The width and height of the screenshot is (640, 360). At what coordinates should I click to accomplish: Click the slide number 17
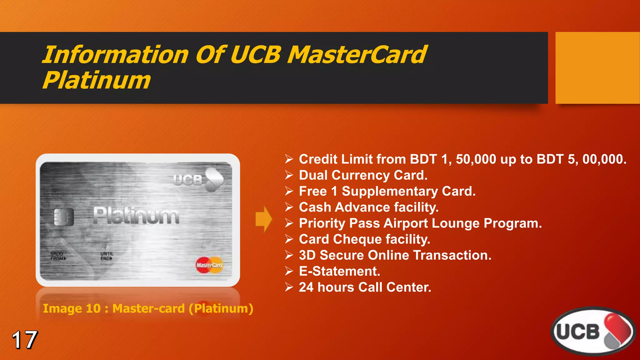pyautogui.click(x=25, y=340)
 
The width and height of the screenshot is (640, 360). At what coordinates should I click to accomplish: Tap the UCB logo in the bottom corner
pyautogui.click(x=593, y=331)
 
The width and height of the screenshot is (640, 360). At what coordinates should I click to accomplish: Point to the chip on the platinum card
pyautogui.click(x=64, y=217)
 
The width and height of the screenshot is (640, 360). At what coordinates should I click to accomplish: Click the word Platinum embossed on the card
pyautogui.click(x=136, y=216)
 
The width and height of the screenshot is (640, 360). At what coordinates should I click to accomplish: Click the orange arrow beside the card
pyautogui.click(x=263, y=219)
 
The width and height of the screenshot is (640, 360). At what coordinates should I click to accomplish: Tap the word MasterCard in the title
pyautogui.click(x=357, y=55)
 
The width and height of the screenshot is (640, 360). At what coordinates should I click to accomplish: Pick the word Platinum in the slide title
pyautogui.click(x=97, y=80)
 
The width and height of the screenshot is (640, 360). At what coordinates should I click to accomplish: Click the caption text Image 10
pyautogui.click(x=72, y=308)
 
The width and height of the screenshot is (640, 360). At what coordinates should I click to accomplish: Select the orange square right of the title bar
pyautogui.click(x=597, y=68)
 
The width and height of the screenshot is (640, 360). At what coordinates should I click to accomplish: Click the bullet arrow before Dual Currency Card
pyautogui.click(x=289, y=175)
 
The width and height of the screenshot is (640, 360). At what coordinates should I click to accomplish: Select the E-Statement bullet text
pyautogui.click(x=339, y=271)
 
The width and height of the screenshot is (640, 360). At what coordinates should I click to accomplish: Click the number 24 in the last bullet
pyautogui.click(x=306, y=287)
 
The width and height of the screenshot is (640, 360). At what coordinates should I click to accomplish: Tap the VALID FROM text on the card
pyautogui.click(x=58, y=256)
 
